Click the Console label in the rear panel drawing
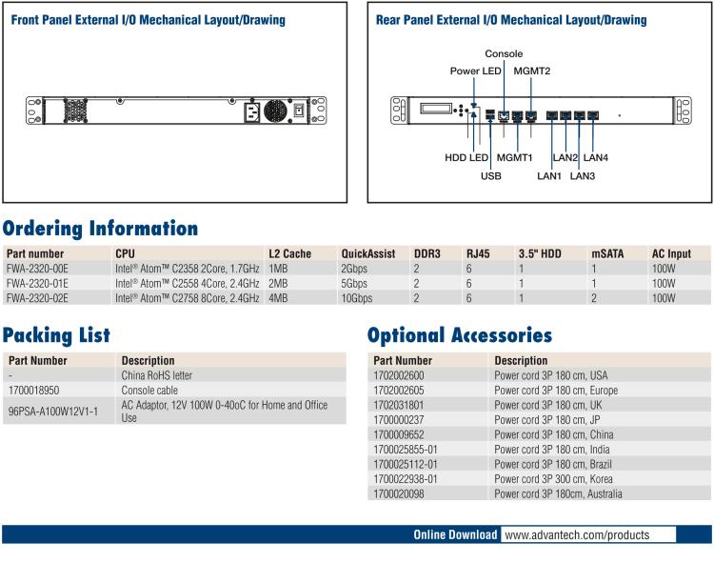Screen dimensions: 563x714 pos(504,54)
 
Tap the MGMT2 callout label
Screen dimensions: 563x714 pos(532,70)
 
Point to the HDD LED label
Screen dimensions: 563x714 pos(466,157)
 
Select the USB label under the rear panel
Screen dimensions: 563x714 pos(491,176)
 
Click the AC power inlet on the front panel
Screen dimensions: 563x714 pos(254,111)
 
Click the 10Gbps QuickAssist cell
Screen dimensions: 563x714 pos(356,298)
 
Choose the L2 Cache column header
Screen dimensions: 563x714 pos(289,254)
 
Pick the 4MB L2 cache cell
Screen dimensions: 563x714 pos(279,298)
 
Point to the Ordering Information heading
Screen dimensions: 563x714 pos(99,229)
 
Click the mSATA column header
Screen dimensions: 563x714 pos(607,254)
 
